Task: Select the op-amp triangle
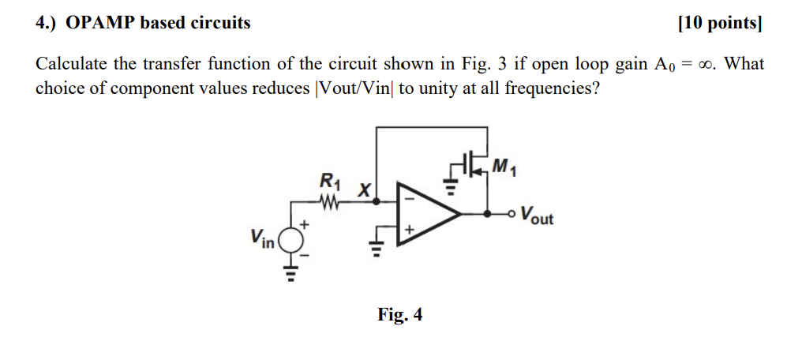425,213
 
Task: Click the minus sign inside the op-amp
408,198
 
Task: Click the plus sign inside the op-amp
409,230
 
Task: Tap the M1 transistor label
502,167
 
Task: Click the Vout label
537,216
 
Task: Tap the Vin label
261,237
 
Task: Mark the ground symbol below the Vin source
291,272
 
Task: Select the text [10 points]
720,23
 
